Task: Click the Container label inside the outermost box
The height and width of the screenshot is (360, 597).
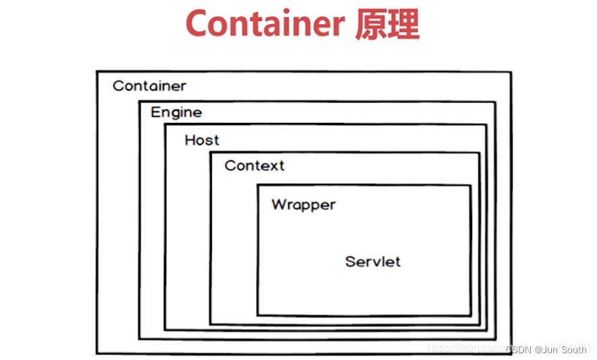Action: [149, 86]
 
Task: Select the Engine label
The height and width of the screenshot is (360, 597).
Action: [176, 112]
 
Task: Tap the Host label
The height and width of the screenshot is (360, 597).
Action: [202, 140]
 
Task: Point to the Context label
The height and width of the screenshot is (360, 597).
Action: [255, 165]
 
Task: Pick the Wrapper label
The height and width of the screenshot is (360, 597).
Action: [303, 204]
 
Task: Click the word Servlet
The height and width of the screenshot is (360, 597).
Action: [373, 261]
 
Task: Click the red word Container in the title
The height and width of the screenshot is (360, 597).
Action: [265, 25]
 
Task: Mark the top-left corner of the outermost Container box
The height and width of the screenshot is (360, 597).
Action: [97, 71]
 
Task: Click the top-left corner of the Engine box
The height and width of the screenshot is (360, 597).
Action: [139, 102]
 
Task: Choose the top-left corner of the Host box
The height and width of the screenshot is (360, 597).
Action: [165, 124]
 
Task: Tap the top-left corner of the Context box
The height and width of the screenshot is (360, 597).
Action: [210, 153]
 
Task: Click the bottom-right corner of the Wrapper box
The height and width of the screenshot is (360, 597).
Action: [470, 315]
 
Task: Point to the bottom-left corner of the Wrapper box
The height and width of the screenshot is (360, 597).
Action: [257, 315]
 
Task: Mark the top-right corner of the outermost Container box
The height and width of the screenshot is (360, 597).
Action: [511, 72]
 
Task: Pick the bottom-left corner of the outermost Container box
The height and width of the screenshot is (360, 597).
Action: [97, 354]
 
